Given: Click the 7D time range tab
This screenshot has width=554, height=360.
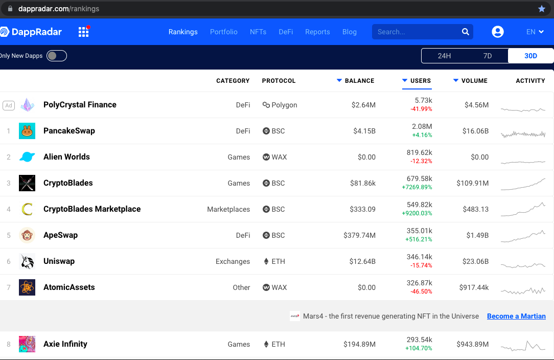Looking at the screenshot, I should pyautogui.click(x=487, y=56).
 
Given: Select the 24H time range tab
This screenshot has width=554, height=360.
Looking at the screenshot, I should pyautogui.click(x=444, y=56).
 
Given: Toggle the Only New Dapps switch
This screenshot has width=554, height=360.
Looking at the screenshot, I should pyautogui.click(x=56, y=56).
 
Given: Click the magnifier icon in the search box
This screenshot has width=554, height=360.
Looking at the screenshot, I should pyautogui.click(x=465, y=32).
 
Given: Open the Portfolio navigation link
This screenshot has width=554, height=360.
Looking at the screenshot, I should pyautogui.click(x=224, y=32).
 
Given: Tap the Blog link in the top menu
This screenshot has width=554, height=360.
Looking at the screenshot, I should pyautogui.click(x=350, y=32).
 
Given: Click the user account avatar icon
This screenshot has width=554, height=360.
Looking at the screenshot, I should pyautogui.click(x=497, y=32).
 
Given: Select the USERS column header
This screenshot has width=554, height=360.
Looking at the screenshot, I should pyautogui.click(x=420, y=81).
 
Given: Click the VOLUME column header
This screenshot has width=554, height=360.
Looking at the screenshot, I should pyautogui.click(x=474, y=81).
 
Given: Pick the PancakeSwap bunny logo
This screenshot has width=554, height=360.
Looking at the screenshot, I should pyautogui.click(x=27, y=131).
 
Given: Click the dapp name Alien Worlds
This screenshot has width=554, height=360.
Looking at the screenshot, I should pyautogui.click(x=66, y=157).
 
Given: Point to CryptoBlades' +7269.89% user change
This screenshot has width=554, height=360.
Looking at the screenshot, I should pyautogui.click(x=417, y=187).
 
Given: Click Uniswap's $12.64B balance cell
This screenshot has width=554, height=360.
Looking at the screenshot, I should pyautogui.click(x=362, y=261).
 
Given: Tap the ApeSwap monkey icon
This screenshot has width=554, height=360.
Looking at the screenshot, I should pyautogui.click(x=27, y=235).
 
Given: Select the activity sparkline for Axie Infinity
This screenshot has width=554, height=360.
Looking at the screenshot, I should pyautogui.click(x=523, y=346).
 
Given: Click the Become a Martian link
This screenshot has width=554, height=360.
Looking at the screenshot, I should pyautogui.click(x=516, y=316).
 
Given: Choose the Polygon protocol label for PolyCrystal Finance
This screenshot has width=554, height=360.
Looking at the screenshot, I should pyautogui.click(x=284, y=105).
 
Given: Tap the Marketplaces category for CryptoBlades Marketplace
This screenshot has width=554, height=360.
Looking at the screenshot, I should pyautogui.click(x=228, y=209).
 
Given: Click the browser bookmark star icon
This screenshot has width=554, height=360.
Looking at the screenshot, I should pyautogui.click(x=542, y=9).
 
